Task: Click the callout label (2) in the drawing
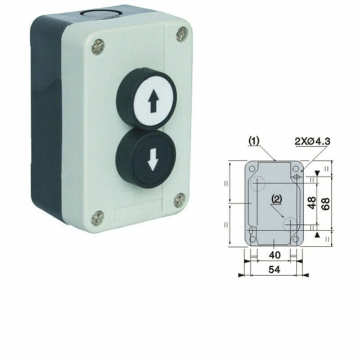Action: tap(276, 198)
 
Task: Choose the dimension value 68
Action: tap(325, 203)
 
